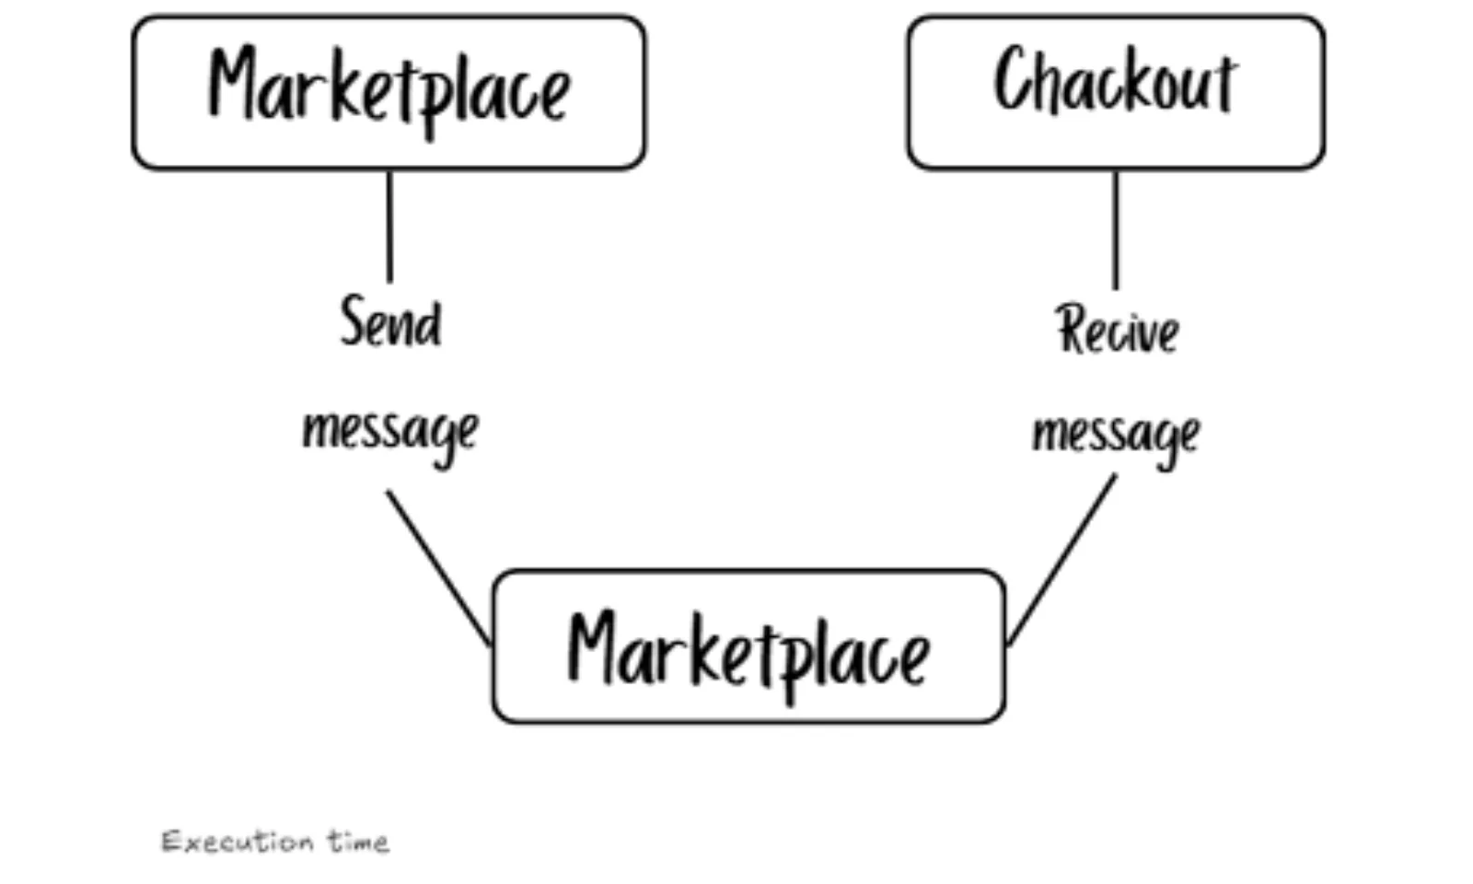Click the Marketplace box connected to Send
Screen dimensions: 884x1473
(389, 92)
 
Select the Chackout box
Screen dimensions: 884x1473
(1116, 92)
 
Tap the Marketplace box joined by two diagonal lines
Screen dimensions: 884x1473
(748, 647)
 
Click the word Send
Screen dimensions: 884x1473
(390, 322)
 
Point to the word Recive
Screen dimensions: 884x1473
(1117, 330)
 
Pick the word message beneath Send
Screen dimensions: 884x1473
(390, 431)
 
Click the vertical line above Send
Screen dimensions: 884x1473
(389, 226)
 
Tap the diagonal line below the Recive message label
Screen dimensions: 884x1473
(1062, 560)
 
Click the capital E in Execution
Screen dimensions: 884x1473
(171, 842)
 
